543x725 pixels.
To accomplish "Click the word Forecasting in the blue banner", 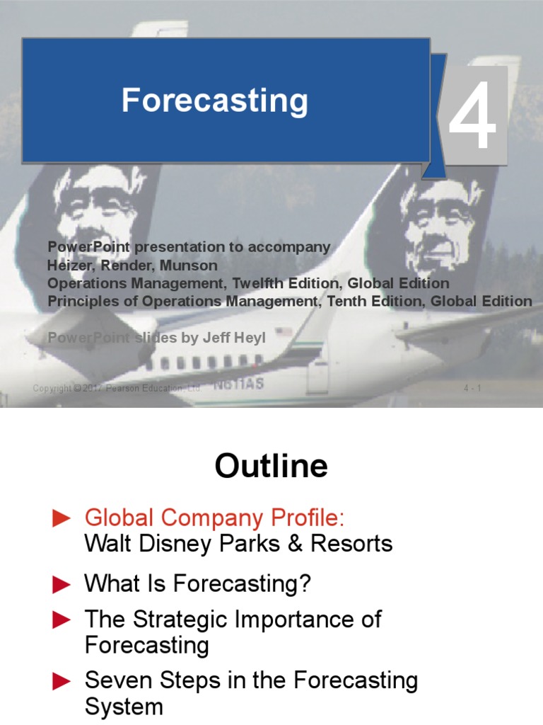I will coord(214,101).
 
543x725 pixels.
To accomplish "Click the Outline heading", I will coord(271,467).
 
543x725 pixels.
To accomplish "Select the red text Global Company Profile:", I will coord(214,518).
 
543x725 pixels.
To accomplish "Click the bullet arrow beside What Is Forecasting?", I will coord(62,585).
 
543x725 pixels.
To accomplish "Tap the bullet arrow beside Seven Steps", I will coord(62,681).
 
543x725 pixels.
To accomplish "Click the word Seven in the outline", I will coord(116,680).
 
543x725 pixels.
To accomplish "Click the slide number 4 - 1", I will coord(472,388).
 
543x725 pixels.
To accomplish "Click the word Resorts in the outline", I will coord(357,544).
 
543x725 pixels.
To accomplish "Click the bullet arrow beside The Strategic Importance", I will coord(62,620).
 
